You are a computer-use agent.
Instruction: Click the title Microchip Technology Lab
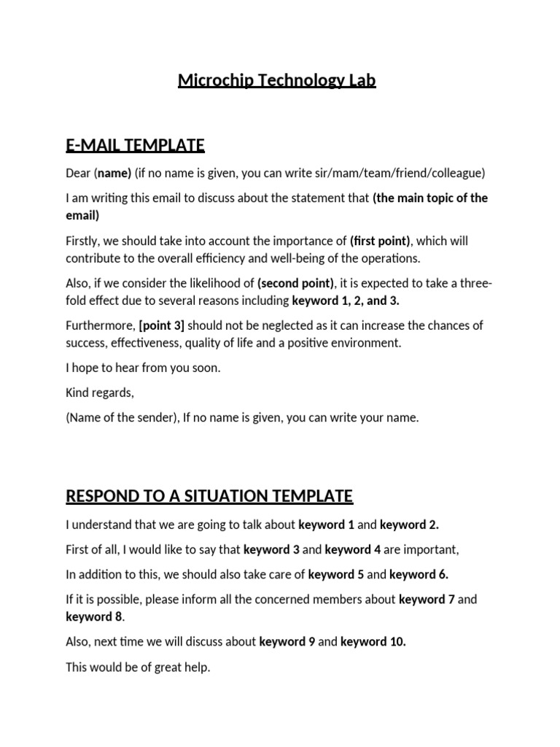276,80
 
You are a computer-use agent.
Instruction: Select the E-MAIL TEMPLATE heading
135,145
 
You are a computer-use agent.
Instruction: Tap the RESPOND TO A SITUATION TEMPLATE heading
209,497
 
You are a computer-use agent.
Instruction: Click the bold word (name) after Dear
113,174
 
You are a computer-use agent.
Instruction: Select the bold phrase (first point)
380,241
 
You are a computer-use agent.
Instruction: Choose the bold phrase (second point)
296,284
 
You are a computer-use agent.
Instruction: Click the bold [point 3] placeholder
162,325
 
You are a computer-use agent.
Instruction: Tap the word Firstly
85,241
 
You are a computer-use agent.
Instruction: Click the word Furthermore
99,325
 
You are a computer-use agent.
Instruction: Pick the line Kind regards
100,392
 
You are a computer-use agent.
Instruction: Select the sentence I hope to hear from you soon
143,368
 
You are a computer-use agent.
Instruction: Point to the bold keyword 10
373,642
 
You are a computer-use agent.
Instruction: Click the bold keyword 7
426,600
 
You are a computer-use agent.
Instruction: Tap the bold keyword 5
336,574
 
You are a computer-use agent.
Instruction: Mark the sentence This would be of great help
138,667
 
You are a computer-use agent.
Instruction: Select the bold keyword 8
93,616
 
